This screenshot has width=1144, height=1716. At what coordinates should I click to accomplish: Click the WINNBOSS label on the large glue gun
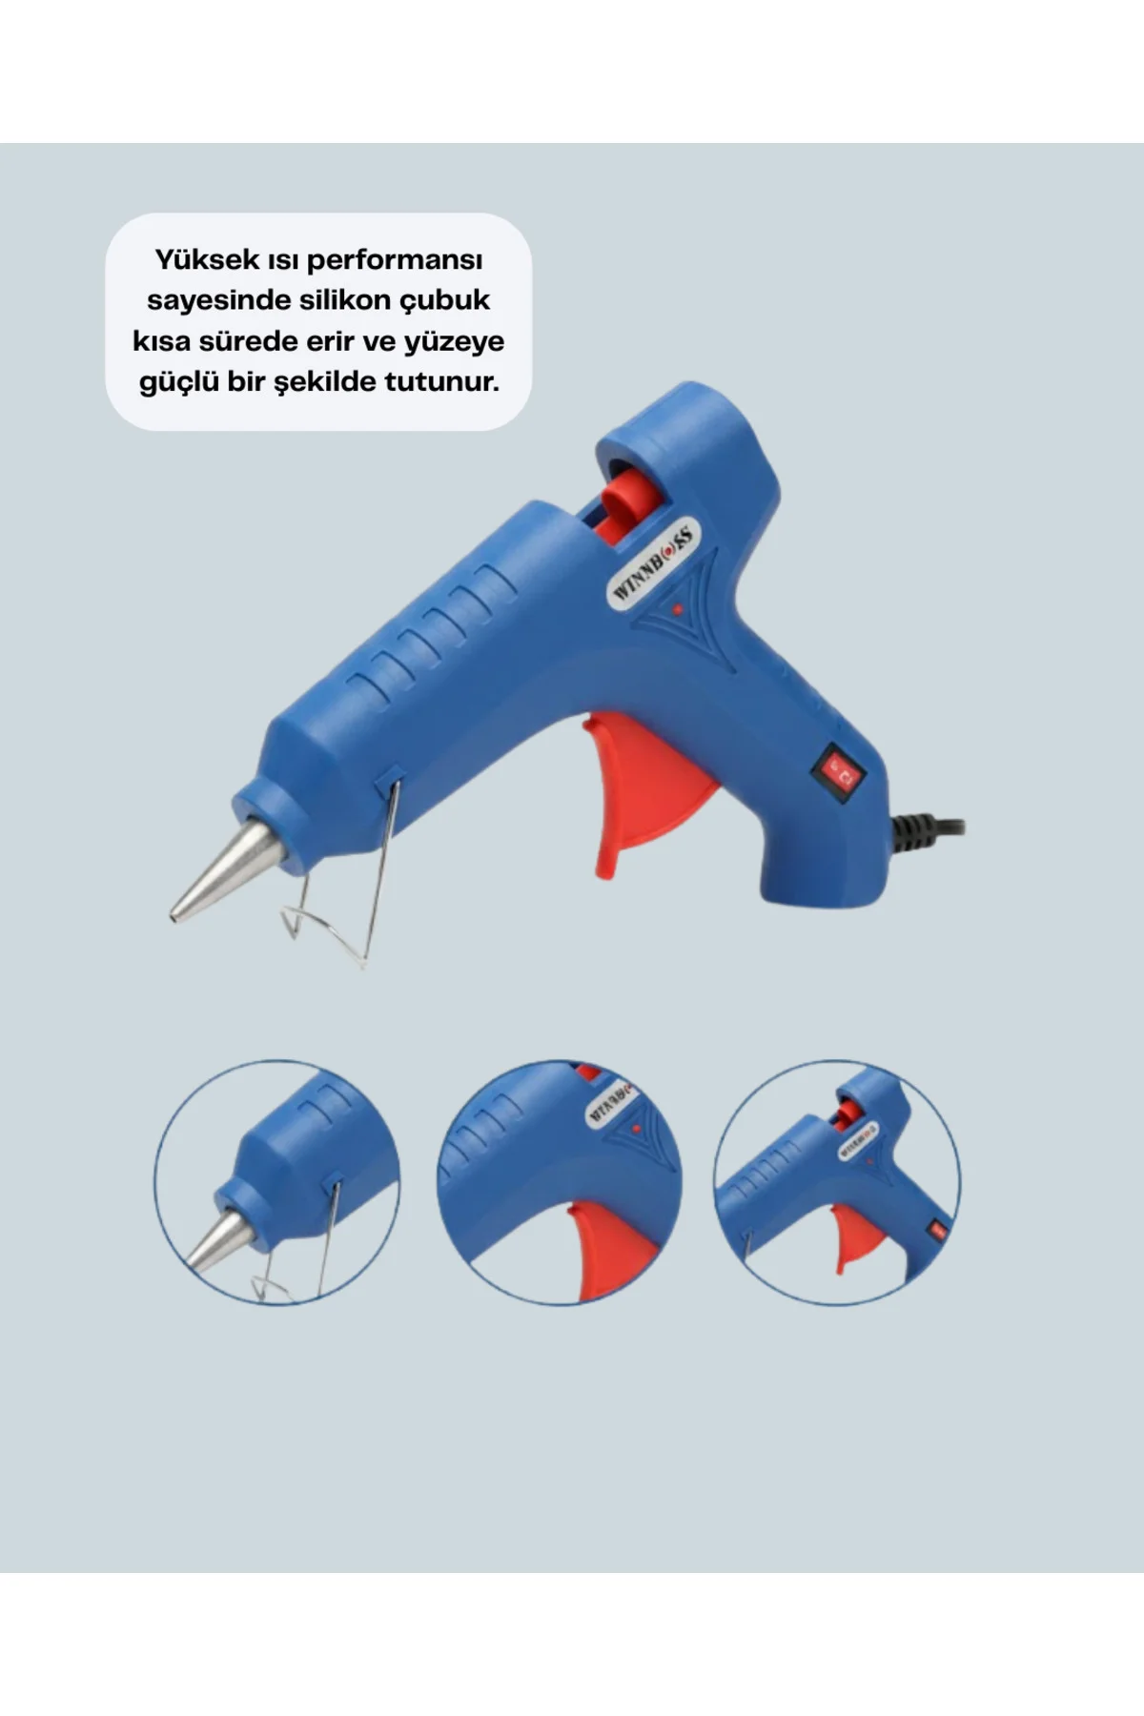(655, 562)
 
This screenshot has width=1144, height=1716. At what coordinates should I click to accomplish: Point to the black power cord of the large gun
(929, 827)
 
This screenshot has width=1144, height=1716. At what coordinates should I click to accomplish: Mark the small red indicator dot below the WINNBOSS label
(677, 609)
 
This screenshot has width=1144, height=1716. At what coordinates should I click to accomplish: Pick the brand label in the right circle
(858, 1140)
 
